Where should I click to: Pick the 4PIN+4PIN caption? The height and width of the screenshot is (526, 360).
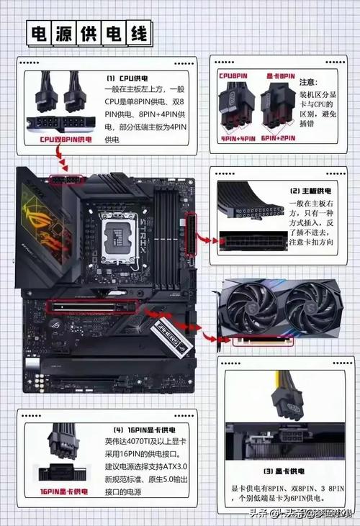pyautogui.click(x=237, y=137)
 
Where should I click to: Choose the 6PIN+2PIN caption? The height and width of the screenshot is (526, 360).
pyautogui.click(x=278, y=137)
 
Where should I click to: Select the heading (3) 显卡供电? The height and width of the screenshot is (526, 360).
pyautogui.click(x=287, y=471)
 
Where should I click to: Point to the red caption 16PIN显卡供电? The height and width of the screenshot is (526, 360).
pyautogui.click(x=59, y=491)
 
